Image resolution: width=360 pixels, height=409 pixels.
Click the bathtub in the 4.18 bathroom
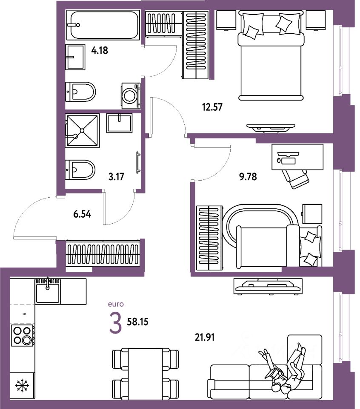point(104,25)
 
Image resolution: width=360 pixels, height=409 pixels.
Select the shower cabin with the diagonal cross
point(82,130)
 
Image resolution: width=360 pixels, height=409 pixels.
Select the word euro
point(116,304)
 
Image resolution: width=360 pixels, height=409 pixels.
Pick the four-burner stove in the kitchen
point(23,335)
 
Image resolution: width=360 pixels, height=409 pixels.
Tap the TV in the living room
point(268,286)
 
